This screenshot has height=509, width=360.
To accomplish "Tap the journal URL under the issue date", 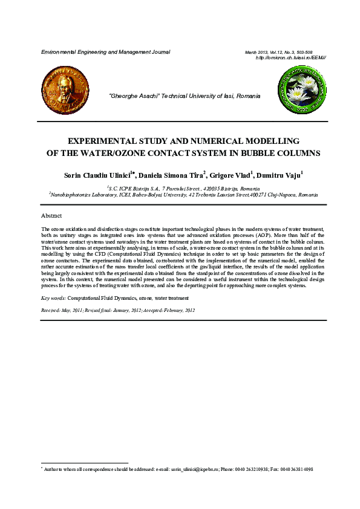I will (291, 57).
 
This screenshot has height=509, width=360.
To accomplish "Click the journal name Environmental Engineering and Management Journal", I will (105, 53).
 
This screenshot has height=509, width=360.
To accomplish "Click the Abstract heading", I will (51, 216).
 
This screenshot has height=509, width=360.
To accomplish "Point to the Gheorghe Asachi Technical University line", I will (184, 96).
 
